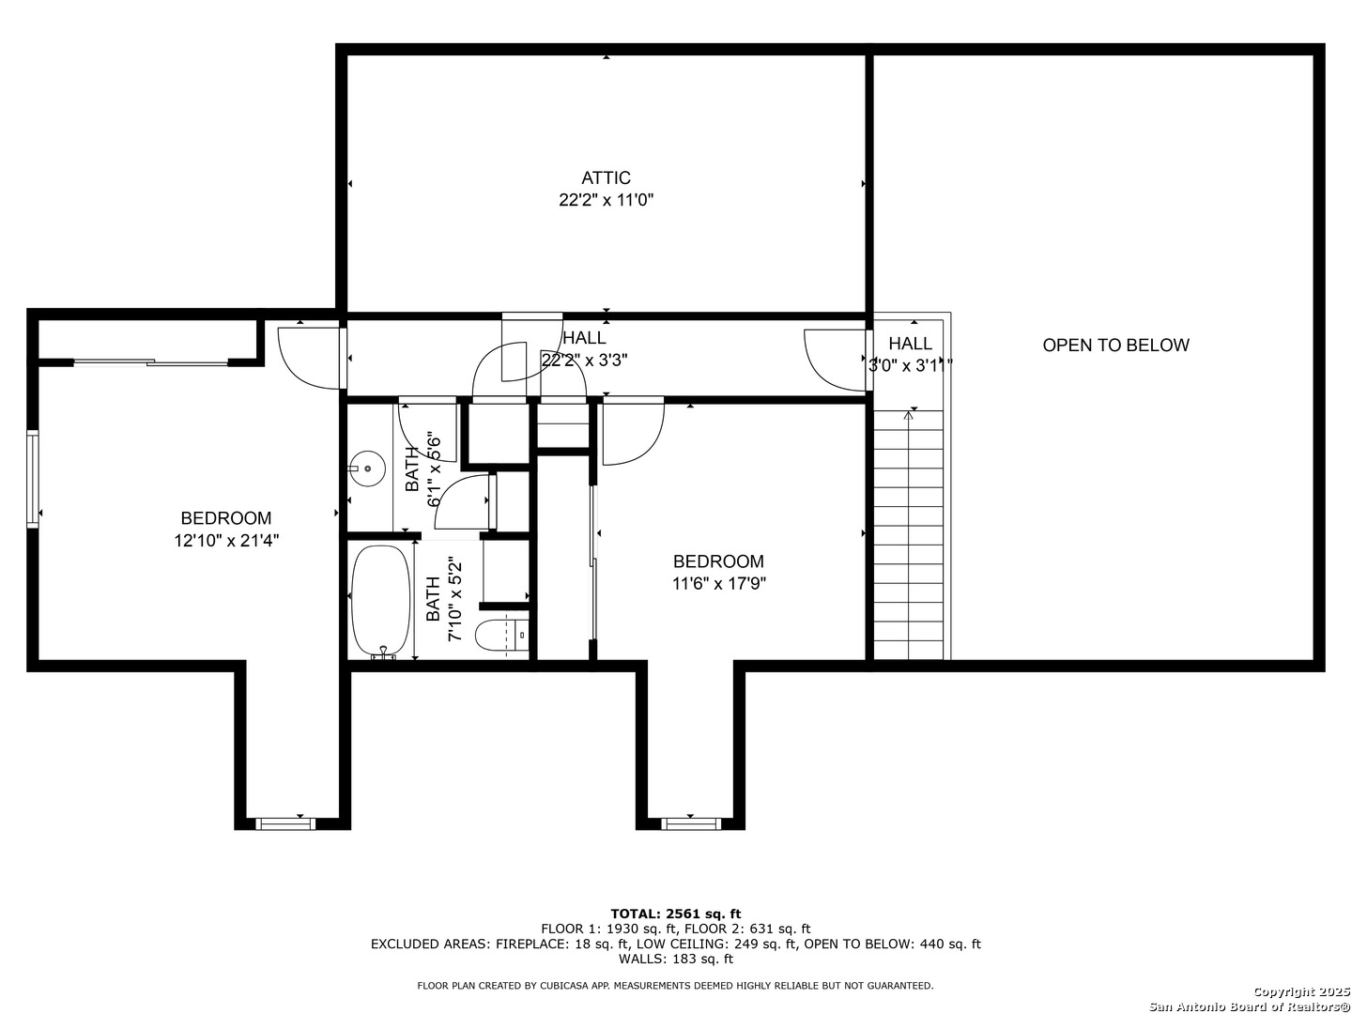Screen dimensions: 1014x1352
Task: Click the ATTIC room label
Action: pos(606,177)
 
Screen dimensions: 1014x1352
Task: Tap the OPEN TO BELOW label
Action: pos(1115,345)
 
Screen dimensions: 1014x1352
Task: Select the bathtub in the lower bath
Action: pos(380,601)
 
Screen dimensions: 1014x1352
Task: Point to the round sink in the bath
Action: pos(367,467)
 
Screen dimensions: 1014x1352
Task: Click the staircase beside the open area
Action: pos(908,535)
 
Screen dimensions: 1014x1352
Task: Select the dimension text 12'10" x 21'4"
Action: pos(226,541)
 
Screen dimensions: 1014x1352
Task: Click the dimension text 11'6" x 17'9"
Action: pos(718,584)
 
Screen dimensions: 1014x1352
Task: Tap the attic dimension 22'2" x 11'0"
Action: pos(606,200)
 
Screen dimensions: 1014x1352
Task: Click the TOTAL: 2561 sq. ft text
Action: pos(675,913)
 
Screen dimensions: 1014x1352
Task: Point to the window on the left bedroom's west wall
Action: pos(33,479)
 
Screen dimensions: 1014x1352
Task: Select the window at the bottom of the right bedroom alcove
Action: pos(690,823)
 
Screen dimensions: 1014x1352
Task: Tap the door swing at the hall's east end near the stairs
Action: pos(834,357)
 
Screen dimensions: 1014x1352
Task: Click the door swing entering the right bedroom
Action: pos(631,432)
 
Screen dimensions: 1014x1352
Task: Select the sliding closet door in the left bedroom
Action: pos(150,361)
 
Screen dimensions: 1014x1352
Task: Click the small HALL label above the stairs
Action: pos(910,344)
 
